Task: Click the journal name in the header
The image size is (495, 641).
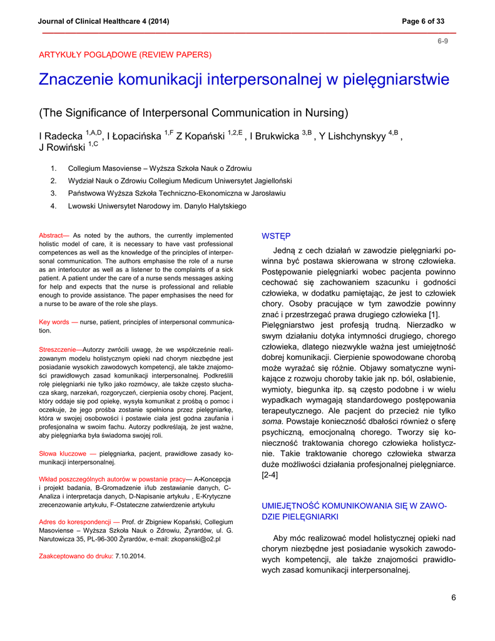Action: point(103,21)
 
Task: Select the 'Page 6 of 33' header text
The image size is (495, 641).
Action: point(423,21)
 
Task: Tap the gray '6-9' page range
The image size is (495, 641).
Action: point(442,41)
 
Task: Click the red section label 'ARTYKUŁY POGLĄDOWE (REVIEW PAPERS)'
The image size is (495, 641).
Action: point(125,54)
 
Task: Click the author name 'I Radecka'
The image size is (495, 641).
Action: point(61,136)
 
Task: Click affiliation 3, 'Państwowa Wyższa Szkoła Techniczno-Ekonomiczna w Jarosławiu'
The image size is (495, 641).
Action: point(176,193)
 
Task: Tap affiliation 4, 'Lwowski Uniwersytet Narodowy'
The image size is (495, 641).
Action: point(156,205)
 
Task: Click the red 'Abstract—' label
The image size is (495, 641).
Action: point(54,235)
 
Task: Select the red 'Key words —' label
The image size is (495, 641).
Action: point(58,322)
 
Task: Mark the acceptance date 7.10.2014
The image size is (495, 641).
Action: point(130,555)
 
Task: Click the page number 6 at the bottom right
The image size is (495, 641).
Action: point(453,597)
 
